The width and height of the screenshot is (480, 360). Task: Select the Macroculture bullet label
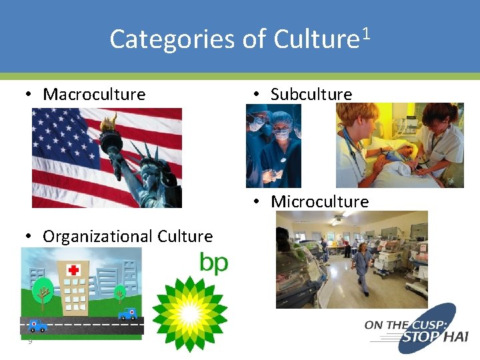93,94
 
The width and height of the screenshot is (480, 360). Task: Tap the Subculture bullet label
311,94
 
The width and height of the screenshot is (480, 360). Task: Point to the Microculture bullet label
319,201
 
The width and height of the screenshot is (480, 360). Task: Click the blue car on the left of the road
37,325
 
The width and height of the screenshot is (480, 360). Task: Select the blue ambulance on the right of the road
127,313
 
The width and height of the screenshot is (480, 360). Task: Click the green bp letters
213,263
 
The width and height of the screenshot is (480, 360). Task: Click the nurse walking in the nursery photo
363,267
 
